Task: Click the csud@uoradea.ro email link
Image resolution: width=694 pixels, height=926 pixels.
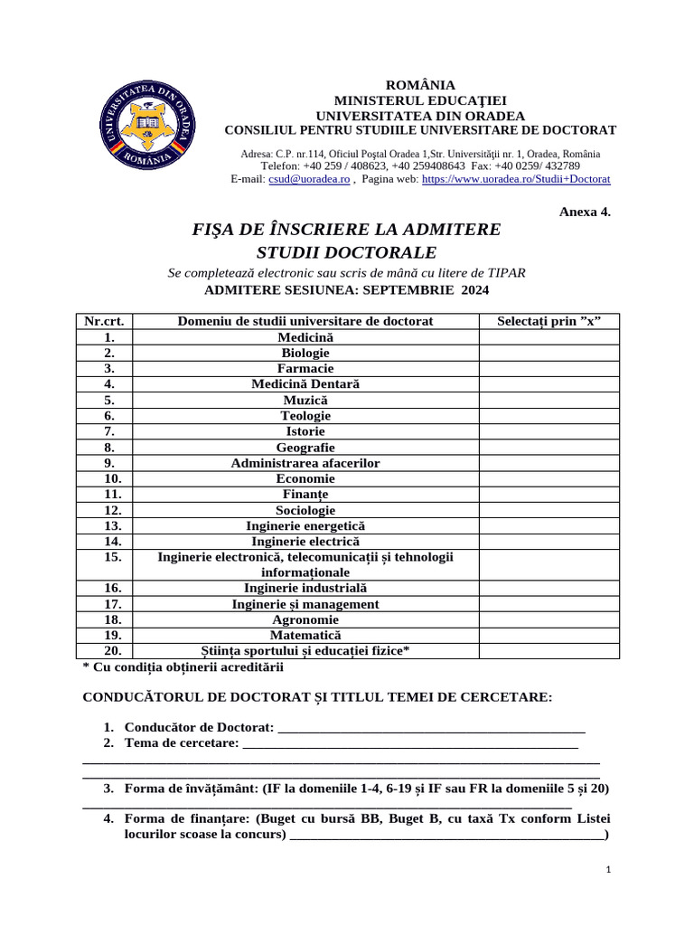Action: pyautogui.click(x=309, y=179)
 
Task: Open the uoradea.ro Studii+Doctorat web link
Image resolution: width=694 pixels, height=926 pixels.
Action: pyautogui.click(x=516, y=179)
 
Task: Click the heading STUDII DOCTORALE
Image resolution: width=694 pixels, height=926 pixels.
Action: pyautogui.click(x=346, y=251)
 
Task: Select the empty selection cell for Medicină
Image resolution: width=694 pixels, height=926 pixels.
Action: pyautogui.click(x=549, y=337)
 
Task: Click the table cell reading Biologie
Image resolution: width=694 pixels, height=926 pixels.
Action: pyautogui.click(x=305, y=353)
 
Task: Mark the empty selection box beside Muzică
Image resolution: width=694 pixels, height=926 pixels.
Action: pyautogui.click(x=549, y=400)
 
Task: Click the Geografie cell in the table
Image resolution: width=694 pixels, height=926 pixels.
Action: pyautogui.click(x=305, y=448)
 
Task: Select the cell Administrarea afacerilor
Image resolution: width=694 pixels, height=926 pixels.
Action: pyautogui.click(x=305, y=463)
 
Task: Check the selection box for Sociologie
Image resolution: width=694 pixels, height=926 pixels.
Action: pyautogui.click(x=549, y=510)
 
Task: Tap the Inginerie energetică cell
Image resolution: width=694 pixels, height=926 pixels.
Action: pyautogui.click(x=305, y=525)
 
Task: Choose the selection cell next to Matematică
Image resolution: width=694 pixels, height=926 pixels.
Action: pyautogui.click(x=549, y=636)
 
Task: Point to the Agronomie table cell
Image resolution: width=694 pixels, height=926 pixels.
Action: pyautogui.click(x=305, y=619)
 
